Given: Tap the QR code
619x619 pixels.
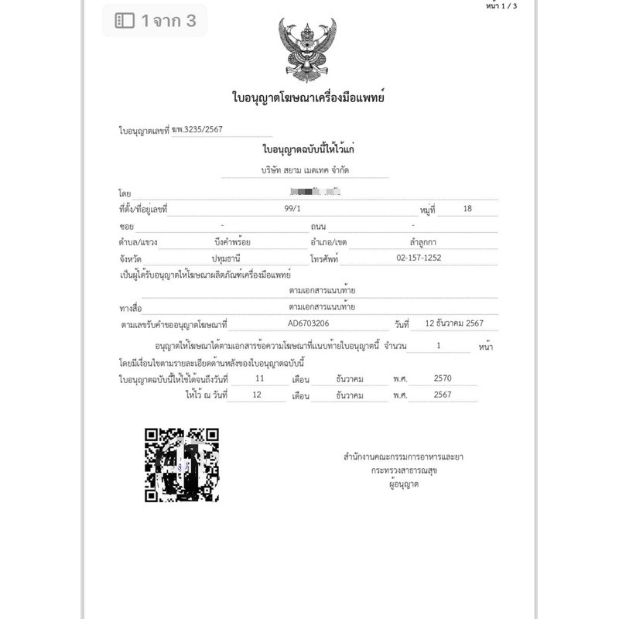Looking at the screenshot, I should tap(182, 465).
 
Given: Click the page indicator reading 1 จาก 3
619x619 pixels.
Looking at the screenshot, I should tap(168, 22).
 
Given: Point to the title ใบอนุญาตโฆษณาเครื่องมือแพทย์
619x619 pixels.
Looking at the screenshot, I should tap(309, 98).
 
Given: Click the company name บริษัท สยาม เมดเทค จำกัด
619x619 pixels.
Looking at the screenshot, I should tap(306, 169).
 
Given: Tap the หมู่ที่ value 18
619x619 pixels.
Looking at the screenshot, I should tap(466, 209).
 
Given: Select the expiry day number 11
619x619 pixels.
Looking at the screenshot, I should tap(260, 379).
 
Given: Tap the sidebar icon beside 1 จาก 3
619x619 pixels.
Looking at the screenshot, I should tap(124, 22).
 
